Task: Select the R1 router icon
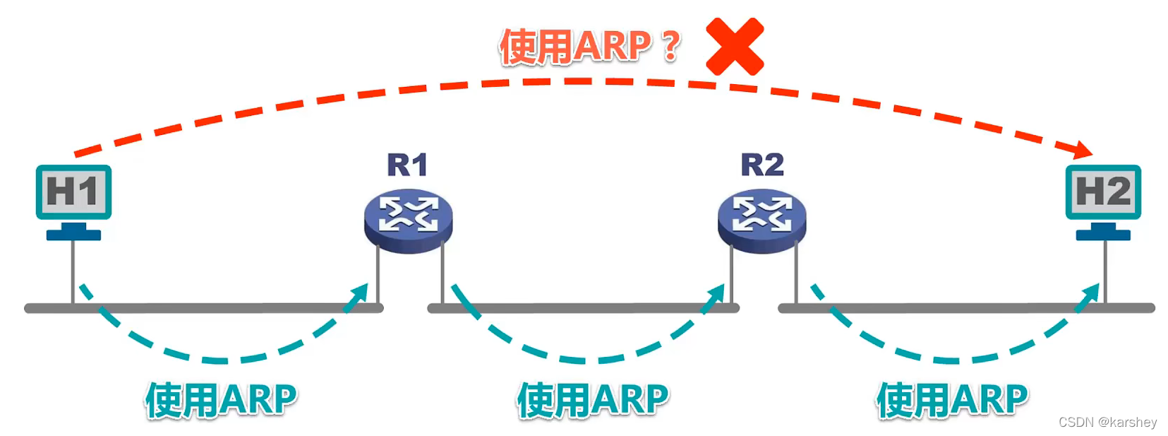click(x=408, y=219)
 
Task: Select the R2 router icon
click(x=761, y=219)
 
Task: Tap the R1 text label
click(x=407, y=165)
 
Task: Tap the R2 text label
click(x=761, y=165)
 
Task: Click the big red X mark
click(x=735, y=47)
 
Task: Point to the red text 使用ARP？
click(x=589, y=47)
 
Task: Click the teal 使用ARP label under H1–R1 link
click(x=221, y=400)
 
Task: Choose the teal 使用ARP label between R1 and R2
click(x=592, y=400)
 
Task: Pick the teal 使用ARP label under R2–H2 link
click(x=951, y=400)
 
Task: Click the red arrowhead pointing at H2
click(x=1081, y=149)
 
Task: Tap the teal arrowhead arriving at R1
click(x=359, y=295)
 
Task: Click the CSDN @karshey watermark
click(x=1107, y=422)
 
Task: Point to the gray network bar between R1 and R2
click(x=583, y=308)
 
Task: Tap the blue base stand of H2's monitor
click(x=1102, y=234)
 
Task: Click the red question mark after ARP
click(x=670, y=45)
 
